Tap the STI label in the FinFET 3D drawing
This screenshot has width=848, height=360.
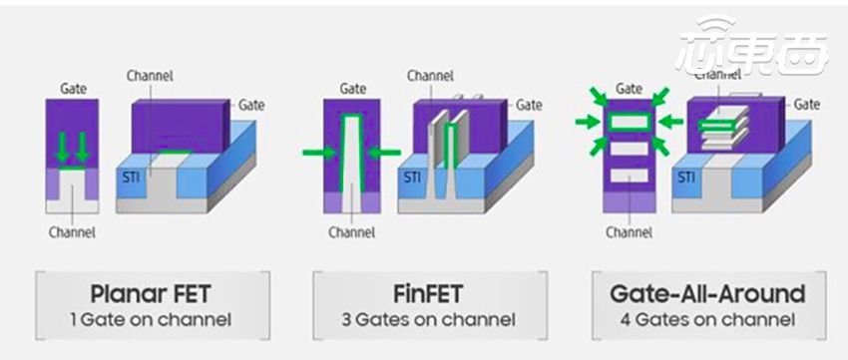[x=411, y=178]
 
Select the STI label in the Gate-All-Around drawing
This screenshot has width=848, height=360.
[x=687, y=178]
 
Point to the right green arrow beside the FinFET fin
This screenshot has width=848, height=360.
[x=383, y=153]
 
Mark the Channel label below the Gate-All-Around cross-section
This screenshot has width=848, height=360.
[x=629, y=233]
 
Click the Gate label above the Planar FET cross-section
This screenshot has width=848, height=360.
[x=73, y=89]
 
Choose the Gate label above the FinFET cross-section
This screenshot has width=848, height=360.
[x=352, y=89]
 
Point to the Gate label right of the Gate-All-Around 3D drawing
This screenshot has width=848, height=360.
[x=806, y=104]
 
